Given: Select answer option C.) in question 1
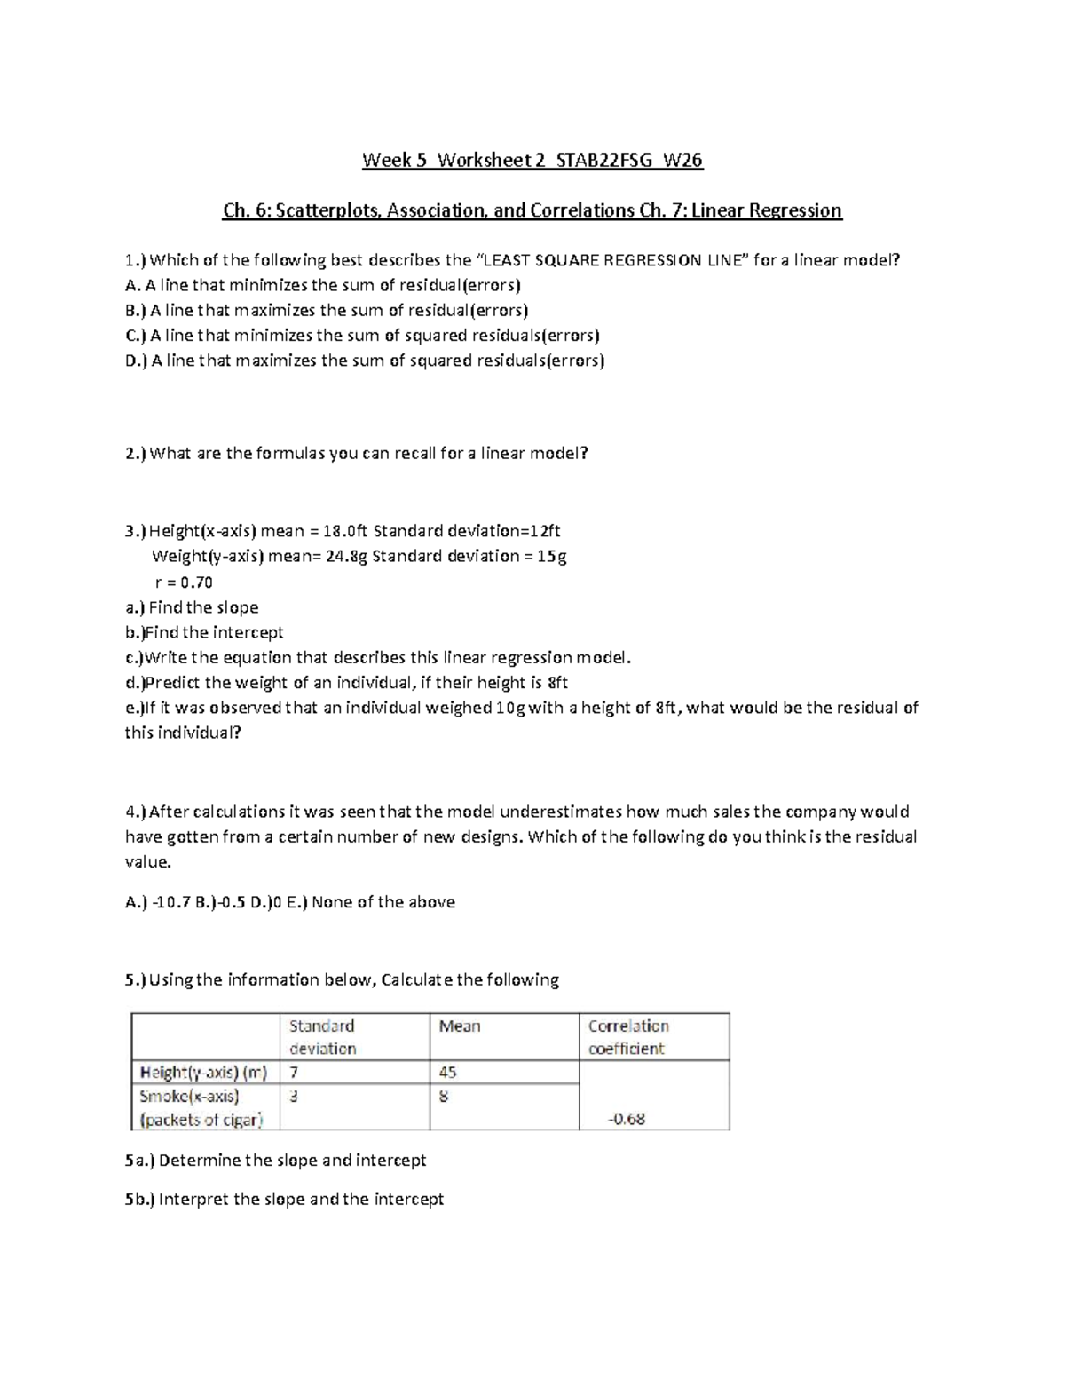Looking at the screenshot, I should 135,336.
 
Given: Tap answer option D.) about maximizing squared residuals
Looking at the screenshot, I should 136,361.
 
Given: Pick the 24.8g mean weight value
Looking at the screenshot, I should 346,557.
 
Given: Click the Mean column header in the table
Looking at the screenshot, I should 460,1026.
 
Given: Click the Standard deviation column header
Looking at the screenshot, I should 322,1037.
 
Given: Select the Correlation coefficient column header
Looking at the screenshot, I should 628,1037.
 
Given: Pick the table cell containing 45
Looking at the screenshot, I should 447,1073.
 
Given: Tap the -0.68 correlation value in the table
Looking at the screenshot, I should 627,1119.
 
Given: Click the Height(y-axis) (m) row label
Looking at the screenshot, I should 202,1073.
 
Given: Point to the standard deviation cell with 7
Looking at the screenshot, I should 294,1073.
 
